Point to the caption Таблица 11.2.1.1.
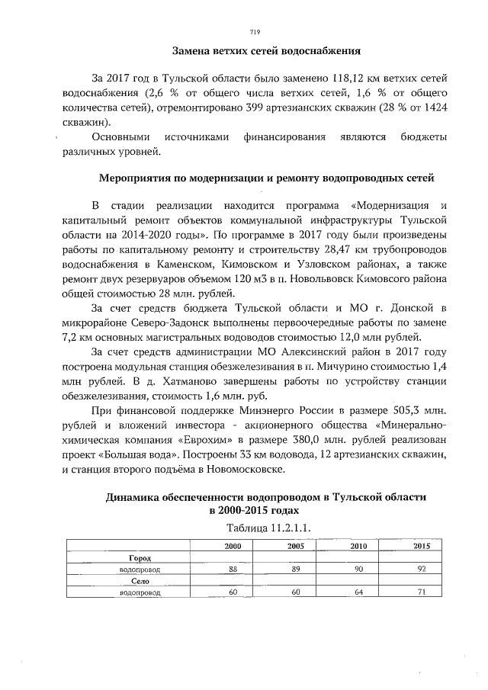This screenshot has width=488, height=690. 268,527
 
